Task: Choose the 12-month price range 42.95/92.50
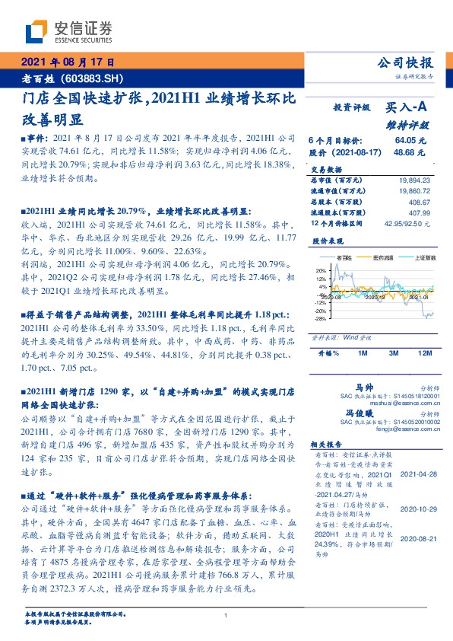(410, 224)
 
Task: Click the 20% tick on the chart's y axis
(320, 270)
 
